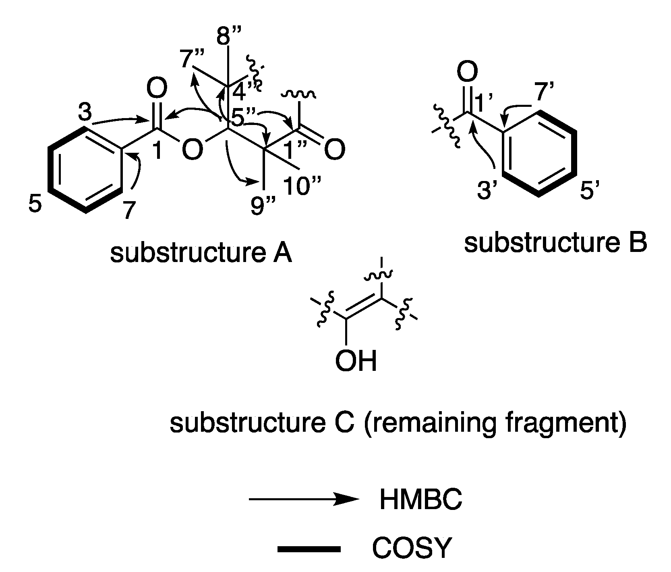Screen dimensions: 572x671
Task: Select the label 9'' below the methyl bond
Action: pyautogui.click(x=262, y=207)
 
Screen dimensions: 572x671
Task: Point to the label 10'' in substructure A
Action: pyautogui.click(x=302, y=185)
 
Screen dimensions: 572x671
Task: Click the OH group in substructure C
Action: pyautogui.click(x=356, y=361)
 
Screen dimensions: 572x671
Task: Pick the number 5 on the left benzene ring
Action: pyautogui.click(x=35, y=204)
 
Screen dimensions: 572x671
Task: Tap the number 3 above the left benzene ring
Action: pyautogui.click(x=85, y=114)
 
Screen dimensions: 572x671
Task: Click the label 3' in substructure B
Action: pyautogui.click(x=489, y=191)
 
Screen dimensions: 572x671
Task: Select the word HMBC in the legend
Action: pyautogui.click(x=420, y=500)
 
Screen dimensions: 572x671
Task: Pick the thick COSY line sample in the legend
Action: pyautogui.click(x=309, y=549)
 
